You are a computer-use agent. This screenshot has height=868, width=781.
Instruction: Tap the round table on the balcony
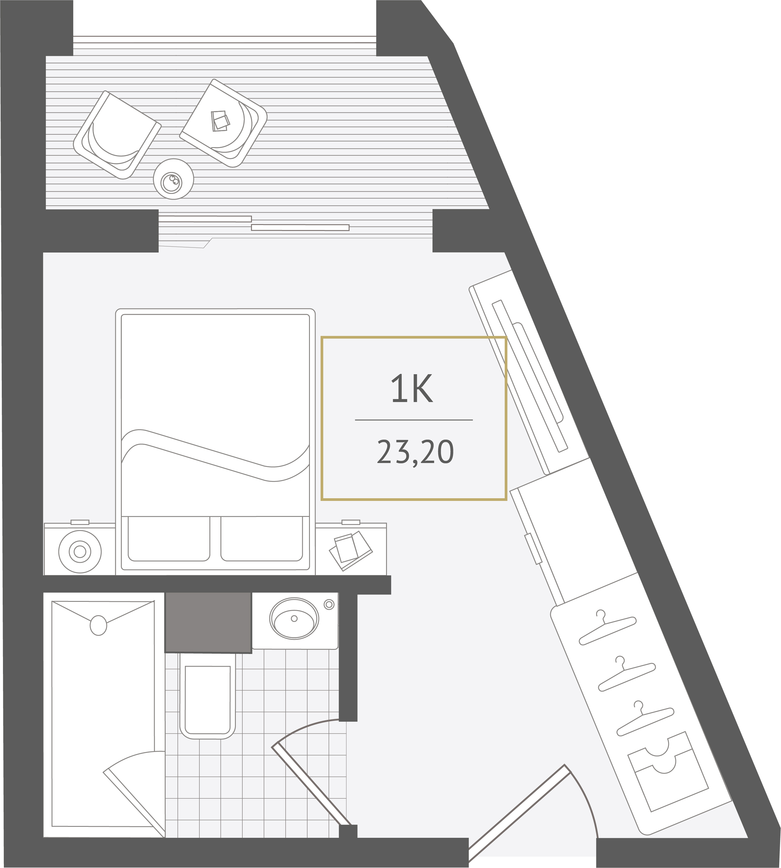click(x=173, y=179)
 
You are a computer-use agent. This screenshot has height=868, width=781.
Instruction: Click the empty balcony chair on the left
click(x=118, y=135)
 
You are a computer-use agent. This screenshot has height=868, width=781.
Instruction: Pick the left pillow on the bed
click(x=169, y=539)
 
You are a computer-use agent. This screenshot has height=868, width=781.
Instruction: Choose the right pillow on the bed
click(x=262, y=539)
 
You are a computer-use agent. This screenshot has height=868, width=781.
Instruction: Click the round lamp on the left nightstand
click(x=80, y=552)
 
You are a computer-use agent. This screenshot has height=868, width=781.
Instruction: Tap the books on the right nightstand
click(x=351, y=551)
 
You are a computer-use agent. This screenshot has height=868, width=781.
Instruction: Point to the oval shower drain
click(x=98, y=625)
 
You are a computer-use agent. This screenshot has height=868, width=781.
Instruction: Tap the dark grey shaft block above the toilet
click(x=208, y=622)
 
